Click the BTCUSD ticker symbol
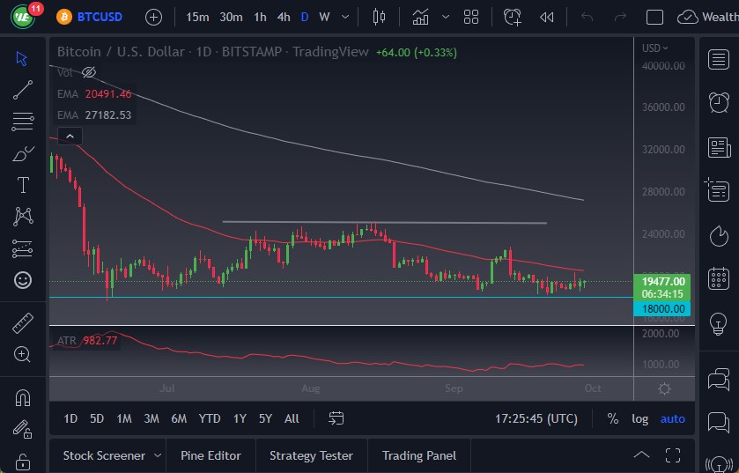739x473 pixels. click(100, 17)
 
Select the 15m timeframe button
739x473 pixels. click(197, 17)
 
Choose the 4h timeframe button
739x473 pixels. click(283, 17)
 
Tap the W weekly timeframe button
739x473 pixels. click(324, 17)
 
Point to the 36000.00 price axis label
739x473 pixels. click(663, 107)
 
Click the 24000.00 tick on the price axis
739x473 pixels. click(663, 234)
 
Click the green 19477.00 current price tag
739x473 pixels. click(664, 281)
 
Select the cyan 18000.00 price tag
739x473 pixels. click(664, 308)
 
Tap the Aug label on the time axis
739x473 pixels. click(310, 388)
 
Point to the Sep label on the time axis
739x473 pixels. click(454, 388)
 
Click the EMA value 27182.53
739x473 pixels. click(107, 115)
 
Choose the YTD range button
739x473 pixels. click(210, 418)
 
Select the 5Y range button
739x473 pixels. click(265, 418)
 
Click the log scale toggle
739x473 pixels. click(639, 418)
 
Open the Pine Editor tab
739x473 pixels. click(211, 455)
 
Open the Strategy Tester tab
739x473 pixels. click(311, 455)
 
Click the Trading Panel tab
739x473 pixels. click(419, 455)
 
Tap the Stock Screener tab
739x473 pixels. click(104, 455)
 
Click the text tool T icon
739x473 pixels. click(23, 185)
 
